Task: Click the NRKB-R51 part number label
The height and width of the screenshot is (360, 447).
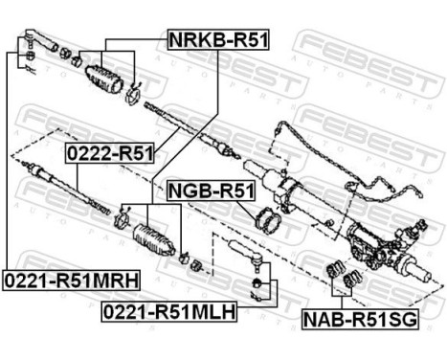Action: pos(218,40)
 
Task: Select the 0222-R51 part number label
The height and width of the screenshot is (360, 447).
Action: pos(109,151)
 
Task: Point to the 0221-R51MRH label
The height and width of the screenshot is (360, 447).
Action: pos(71,280)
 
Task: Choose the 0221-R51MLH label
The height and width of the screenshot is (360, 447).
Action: pos(168,311)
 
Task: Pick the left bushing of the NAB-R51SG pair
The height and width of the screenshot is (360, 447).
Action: pos(336,267)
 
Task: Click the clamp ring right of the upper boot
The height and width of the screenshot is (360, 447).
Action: pos(133,93)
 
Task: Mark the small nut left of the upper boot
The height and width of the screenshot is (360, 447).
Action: pos(76,62)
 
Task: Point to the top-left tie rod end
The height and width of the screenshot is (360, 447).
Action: pos(26,44)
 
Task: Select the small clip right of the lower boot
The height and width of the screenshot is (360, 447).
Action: pos(190,263)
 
